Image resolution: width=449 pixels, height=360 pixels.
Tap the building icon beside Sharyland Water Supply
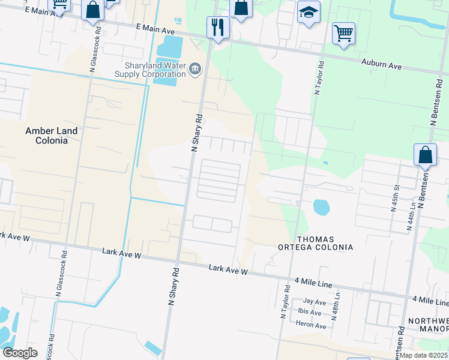pyautogui.click(x=194, y=70)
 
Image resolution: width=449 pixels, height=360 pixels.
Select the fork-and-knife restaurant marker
pyautogui.click(x=217, y=27)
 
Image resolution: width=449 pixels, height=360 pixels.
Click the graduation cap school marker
pyautogui.click(x=309, y=13)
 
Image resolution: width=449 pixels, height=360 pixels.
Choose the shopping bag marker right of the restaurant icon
pyautogui.click(x=241, y=8)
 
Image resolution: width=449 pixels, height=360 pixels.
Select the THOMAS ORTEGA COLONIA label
pyautogui.click(x=315, y=242)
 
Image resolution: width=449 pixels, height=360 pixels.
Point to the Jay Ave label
pyautogui.click(x=315, y=301)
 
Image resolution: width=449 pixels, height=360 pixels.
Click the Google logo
pyautogui.click(x=20, y=353)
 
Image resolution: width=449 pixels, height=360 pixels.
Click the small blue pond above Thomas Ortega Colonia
pyautogui.click(x=321, y=208)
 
